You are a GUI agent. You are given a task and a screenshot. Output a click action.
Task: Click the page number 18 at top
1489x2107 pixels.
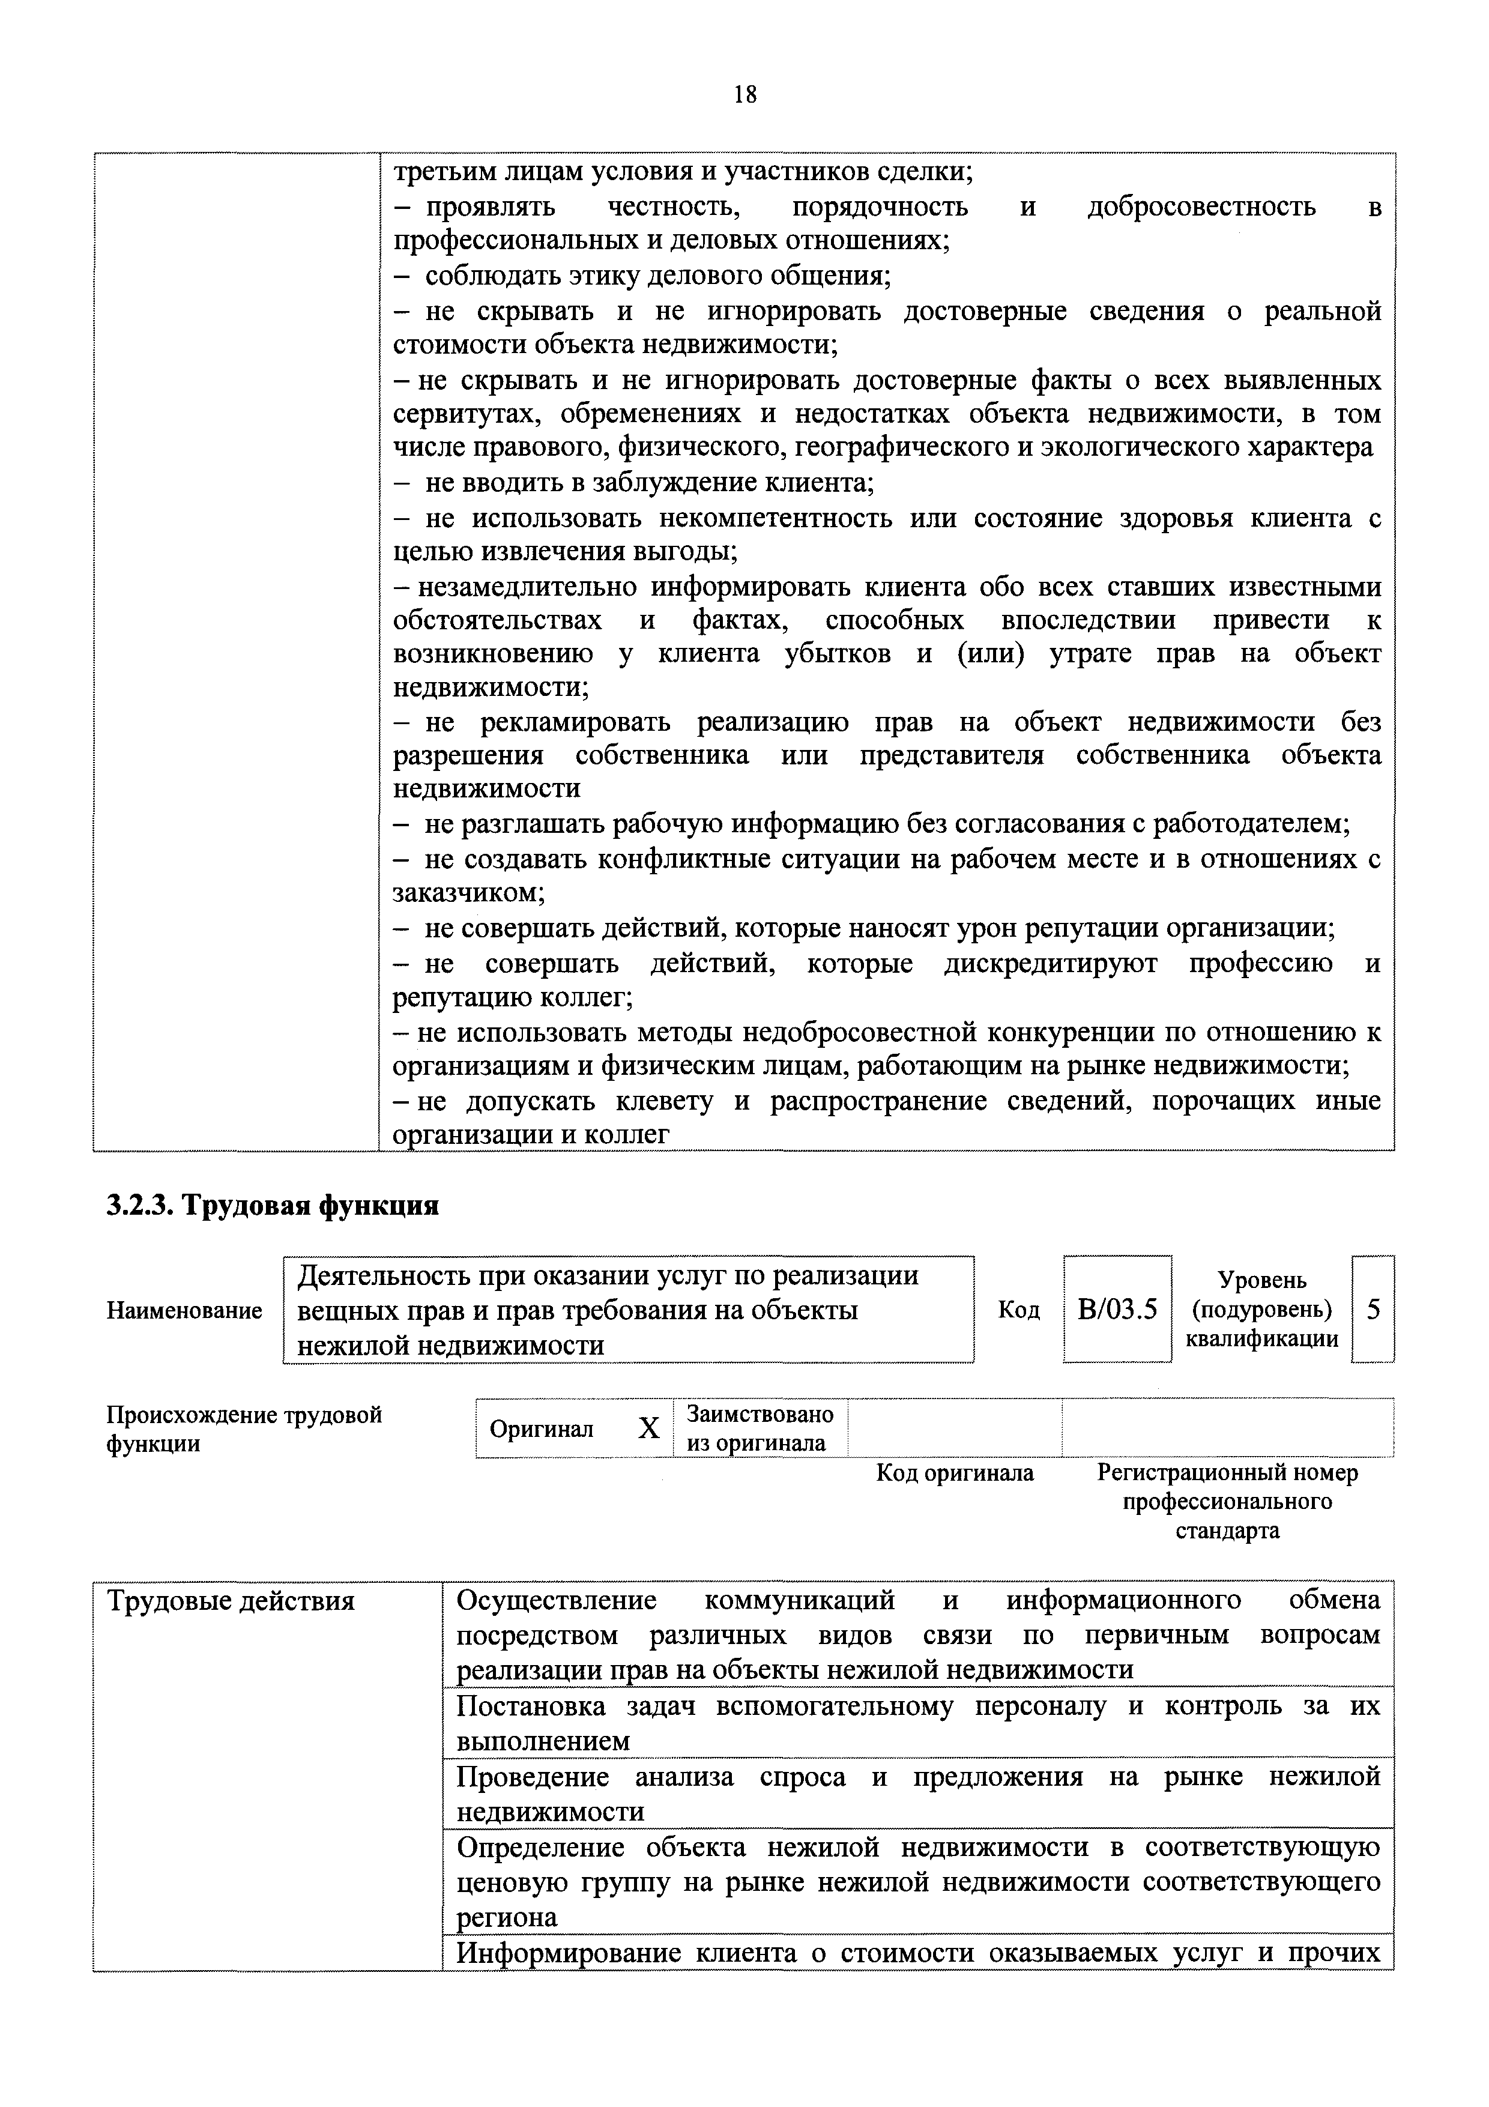coord(744,94)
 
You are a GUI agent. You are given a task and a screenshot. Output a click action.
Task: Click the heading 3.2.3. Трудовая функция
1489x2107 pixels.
coord(273,1205)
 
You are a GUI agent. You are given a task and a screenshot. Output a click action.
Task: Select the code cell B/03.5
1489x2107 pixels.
coord(1117,1310)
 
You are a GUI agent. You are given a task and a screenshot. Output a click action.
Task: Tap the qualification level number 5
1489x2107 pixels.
coord(1373,1310)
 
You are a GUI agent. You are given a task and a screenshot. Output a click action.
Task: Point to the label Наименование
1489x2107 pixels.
coord(184,1310)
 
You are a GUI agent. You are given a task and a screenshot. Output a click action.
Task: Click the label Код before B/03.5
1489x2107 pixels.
coord(1018,1310)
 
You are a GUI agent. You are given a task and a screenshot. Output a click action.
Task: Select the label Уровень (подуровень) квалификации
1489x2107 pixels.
coord(1261,1310)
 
